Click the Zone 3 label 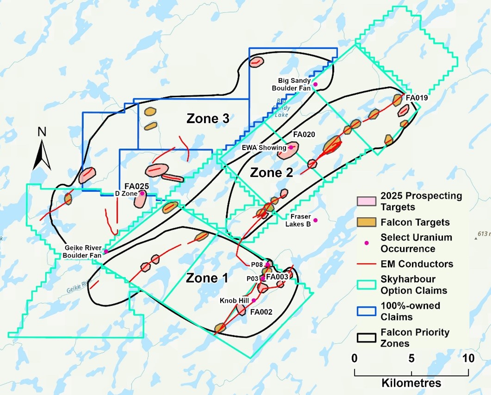tap(208, 119)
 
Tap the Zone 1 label tap(207, 278)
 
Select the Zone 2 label tap(271, 173)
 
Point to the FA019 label tap(416, 98)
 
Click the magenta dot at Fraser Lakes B tap(316, 220)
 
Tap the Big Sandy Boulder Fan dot tap(315, 84)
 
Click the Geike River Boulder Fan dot tap(106, 251)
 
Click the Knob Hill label tap(235, 301)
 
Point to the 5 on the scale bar tap(411, 358)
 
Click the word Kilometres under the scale tap(411, 383)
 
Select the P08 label tap(257, 264)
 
